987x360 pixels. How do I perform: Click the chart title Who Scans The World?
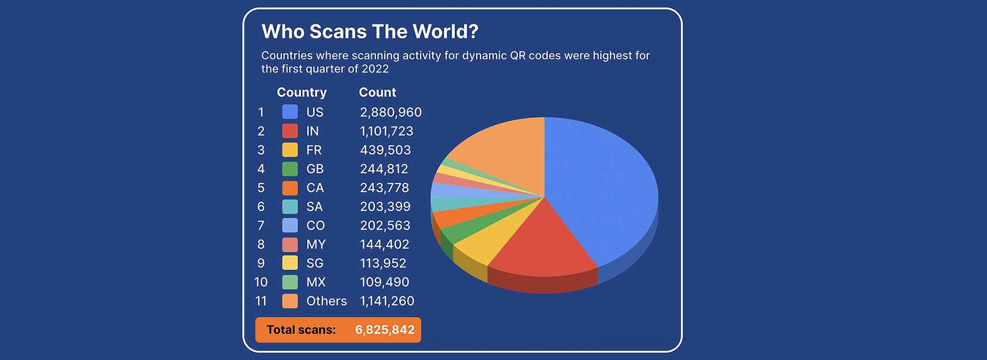point(370,31)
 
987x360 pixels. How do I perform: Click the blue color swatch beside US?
point(290,112)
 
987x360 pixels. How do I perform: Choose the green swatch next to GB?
point(290,169)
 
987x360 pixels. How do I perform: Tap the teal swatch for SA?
point(290,207)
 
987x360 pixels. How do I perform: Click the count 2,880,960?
point(391,112)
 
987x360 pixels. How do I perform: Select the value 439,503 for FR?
point(386,150)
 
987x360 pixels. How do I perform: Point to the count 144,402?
point(385,244)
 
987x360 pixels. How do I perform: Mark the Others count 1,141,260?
point(387,301)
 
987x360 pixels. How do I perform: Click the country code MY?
point(316,244)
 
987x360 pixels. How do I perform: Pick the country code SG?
point(315,263)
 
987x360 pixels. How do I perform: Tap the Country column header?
point(302,93)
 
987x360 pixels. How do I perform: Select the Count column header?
point(377,93)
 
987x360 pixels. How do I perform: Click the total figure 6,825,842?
point(385,330)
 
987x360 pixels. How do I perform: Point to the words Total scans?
point(301,330)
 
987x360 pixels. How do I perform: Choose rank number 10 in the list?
point(261,282)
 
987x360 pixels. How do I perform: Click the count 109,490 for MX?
point(385,282)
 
